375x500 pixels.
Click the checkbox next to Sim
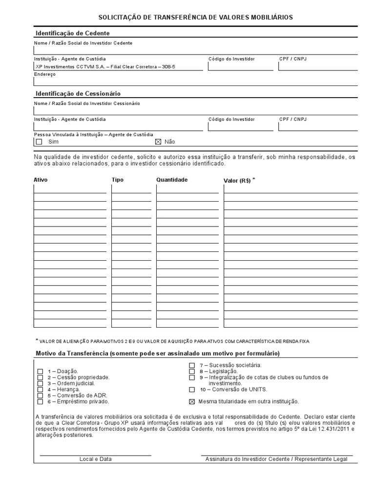(39, 142)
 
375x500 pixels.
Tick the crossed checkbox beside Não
(158, 142)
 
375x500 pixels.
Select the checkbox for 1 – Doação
(40, 372)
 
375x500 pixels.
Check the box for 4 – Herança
(40, 389)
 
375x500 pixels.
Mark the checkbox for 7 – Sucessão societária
(192, 365)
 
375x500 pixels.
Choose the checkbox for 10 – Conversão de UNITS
(192, 390)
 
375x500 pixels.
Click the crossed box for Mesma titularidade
(192, 401)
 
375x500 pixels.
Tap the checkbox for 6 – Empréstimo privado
(40, 401)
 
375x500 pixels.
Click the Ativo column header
(41, 180)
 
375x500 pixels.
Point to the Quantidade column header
(172, 180)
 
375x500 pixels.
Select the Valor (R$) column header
(237, 180)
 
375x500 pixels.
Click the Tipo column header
(118, 180)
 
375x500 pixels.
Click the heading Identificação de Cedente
(73, 33)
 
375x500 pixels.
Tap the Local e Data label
(95, 459)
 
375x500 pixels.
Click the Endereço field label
(45, 74)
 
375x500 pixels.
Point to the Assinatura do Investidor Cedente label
(276, 459)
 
